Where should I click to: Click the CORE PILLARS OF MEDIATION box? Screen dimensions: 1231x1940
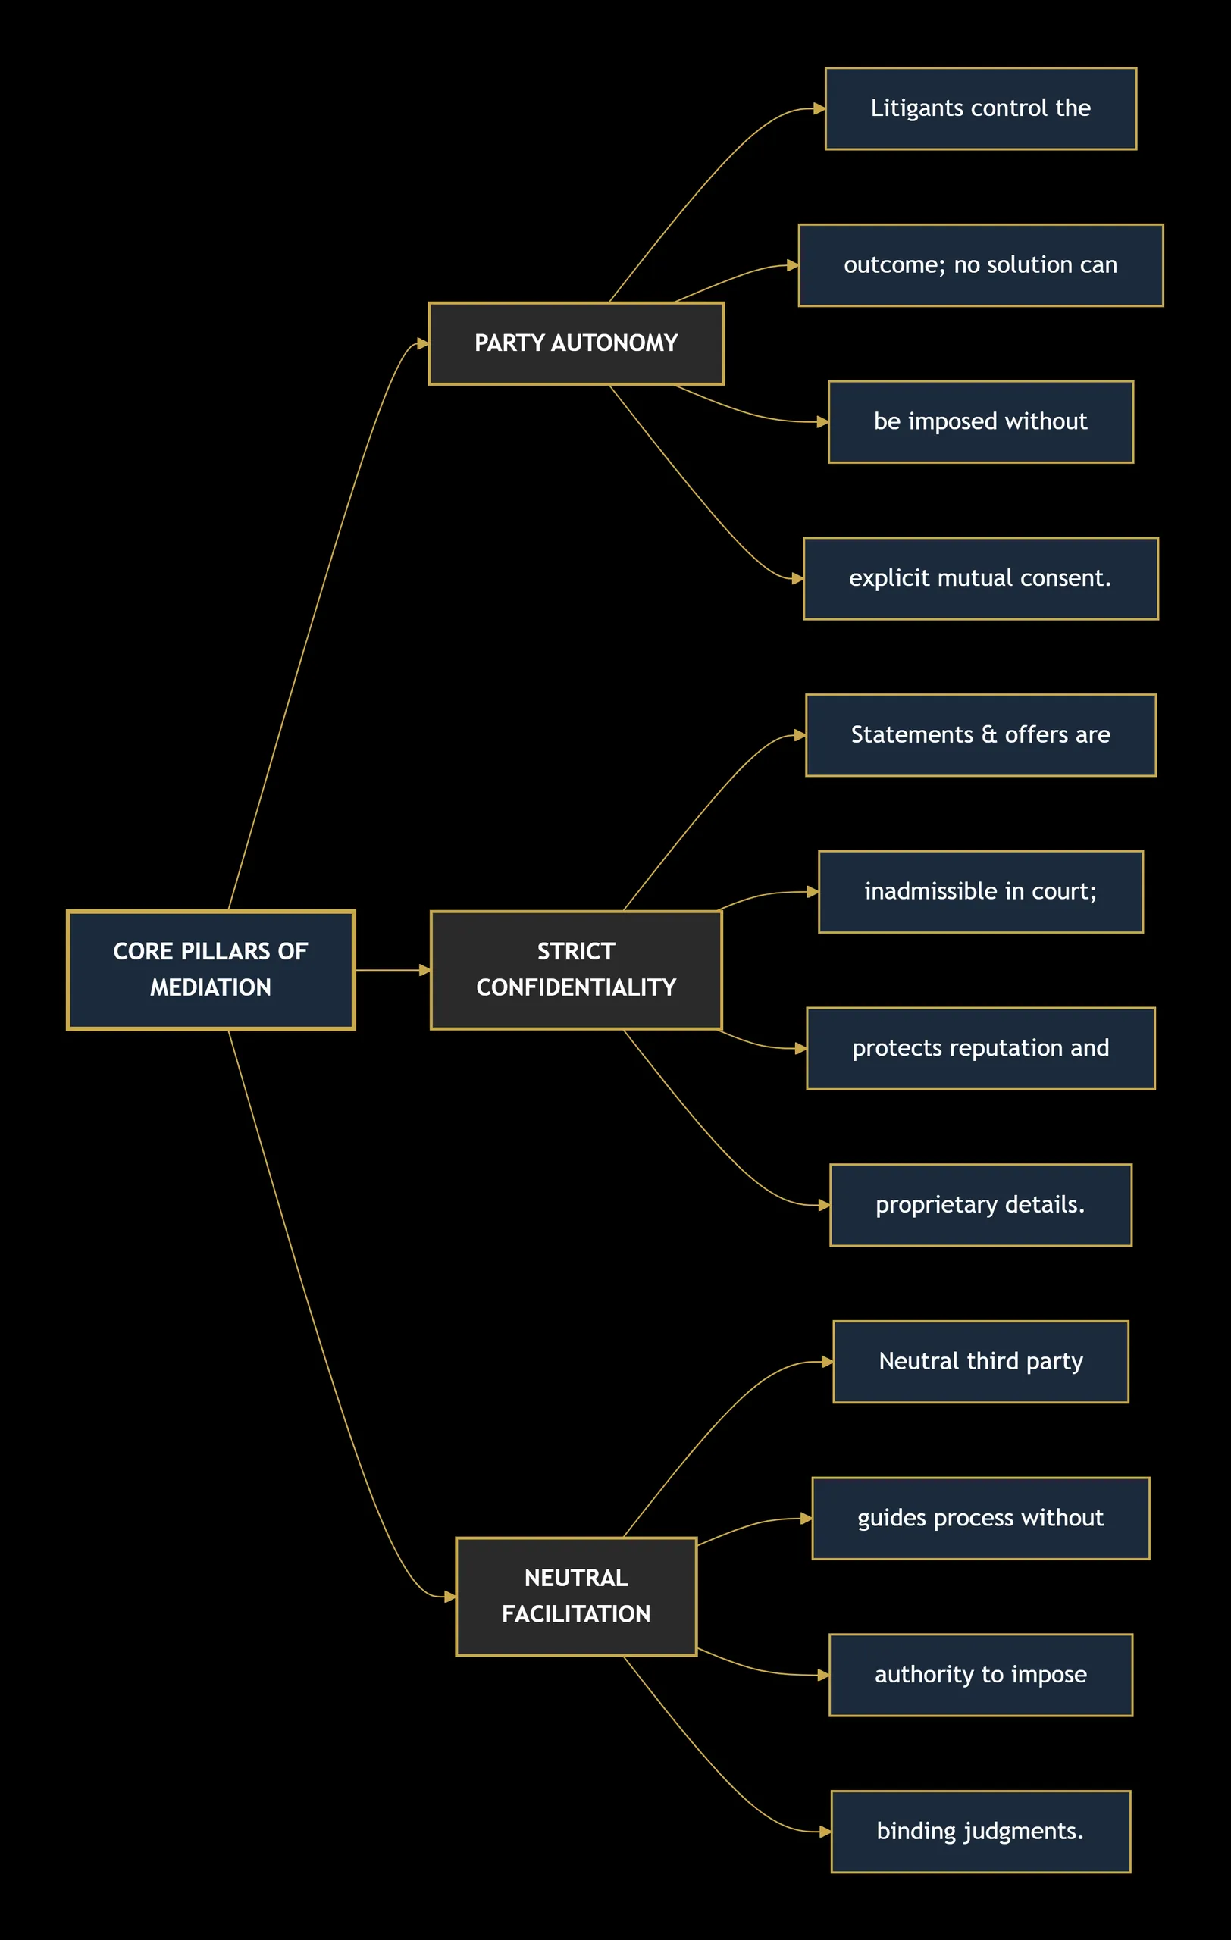coord(211,970)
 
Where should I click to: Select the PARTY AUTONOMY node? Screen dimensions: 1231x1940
coord(576,343)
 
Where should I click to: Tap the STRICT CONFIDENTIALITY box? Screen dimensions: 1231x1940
coord(576,970)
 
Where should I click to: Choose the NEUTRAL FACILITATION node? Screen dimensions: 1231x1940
coord(576,1597)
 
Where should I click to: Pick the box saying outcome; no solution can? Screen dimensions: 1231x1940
coord(980,265)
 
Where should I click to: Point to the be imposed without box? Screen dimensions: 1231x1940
coord(980,422)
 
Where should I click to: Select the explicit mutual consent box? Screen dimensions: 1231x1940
coord(980,578)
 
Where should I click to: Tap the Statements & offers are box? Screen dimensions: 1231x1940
coord(980,736)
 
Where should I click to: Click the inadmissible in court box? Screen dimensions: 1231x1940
coord(980,892)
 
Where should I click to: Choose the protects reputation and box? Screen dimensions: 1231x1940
coord(980,1048)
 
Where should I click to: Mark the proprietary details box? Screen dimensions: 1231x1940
coord(980,1205)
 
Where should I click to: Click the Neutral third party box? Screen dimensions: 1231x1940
coord(980,1362)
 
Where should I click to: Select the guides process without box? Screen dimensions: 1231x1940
coord(980,1519)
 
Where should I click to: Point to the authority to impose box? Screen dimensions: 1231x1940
coord(980,1675)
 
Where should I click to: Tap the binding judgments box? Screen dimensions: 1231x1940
coord(980,1831)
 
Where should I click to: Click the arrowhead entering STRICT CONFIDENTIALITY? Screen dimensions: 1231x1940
coord(425,970)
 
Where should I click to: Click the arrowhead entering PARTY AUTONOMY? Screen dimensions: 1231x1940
coord(423,344)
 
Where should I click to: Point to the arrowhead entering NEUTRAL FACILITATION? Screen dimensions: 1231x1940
coord(450,1597)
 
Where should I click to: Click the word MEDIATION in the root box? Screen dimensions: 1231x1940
coord(211,987)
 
